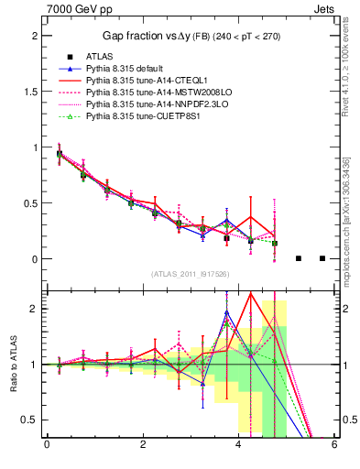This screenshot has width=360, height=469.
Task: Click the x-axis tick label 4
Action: click(x=238, y=444)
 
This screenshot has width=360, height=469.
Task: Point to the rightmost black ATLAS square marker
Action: click(x=322, y=258)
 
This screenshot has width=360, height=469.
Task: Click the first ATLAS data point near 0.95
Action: click(x=60, y=154)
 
